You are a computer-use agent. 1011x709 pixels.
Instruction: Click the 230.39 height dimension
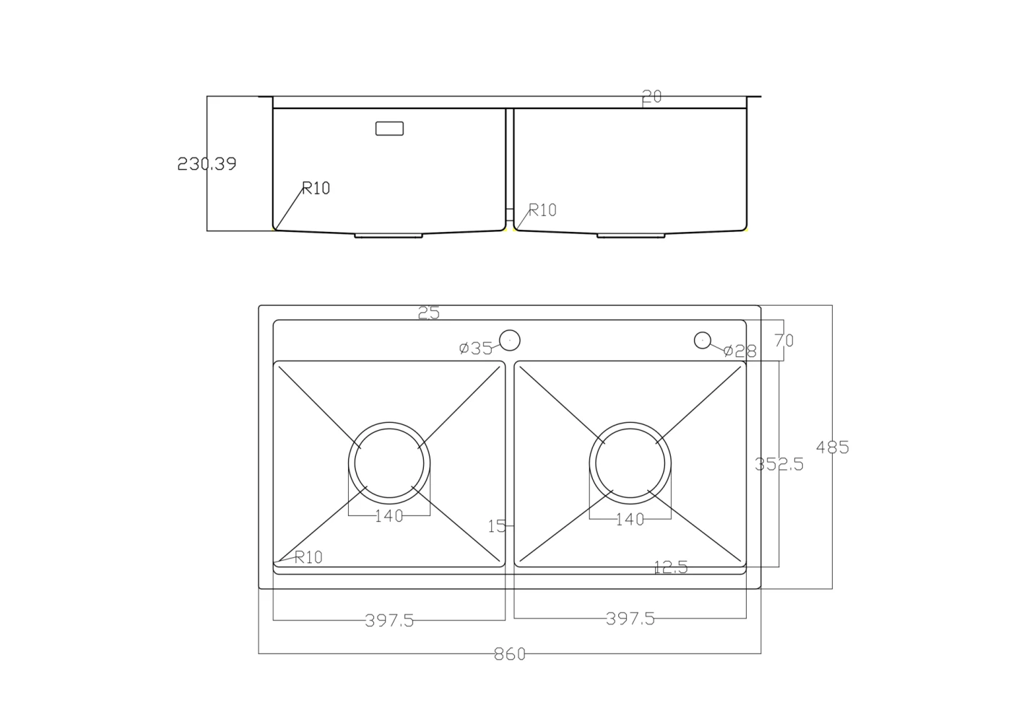(207, 163)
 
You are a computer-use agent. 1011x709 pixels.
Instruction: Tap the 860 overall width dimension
(510, 654)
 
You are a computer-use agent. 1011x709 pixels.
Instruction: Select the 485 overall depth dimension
(832, 447)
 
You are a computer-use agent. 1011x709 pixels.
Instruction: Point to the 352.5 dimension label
(779, 464)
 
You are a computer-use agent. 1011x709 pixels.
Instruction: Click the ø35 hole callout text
(476, 348)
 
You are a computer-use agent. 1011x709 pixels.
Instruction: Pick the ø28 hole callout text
(740, 351)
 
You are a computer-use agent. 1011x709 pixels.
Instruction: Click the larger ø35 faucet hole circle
(510, 340)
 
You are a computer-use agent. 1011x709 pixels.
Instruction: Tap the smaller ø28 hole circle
(702, 340)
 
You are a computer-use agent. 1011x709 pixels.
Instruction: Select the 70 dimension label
(784, 340)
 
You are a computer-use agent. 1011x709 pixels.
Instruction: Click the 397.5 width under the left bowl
(389, 621)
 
